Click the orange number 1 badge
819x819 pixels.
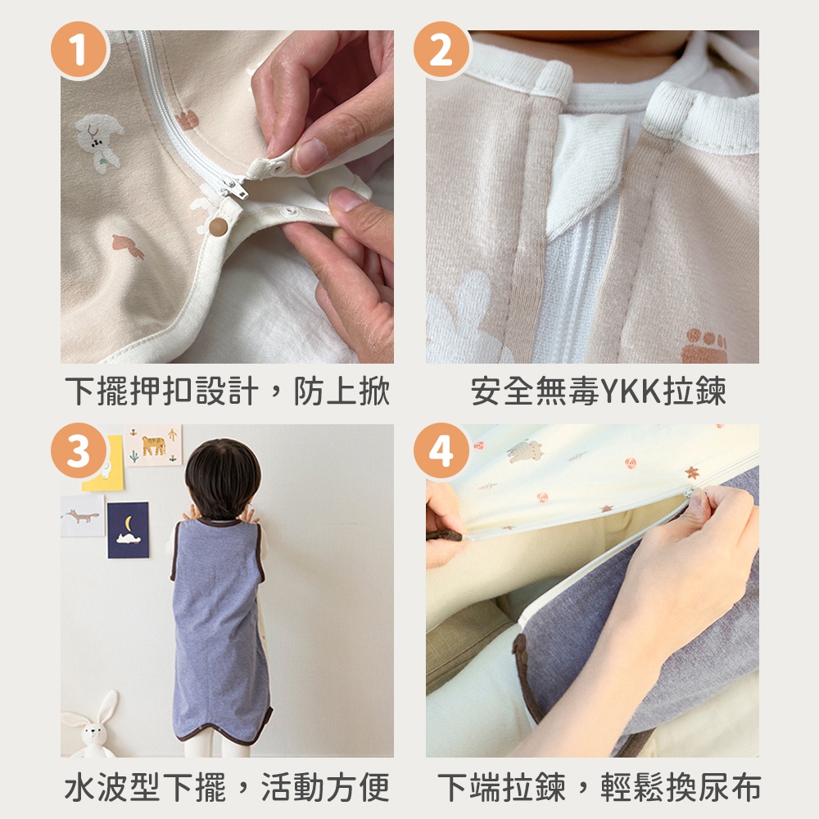79,50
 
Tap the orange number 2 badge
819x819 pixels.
442,50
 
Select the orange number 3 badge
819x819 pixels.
79,451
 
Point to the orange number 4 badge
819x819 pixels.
442,451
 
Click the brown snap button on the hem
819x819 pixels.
218,227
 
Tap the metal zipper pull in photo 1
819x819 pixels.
236,189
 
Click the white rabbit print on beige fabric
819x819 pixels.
98,141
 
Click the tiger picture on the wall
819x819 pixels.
154,446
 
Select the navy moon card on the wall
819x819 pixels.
128,530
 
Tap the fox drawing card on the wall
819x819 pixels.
83,515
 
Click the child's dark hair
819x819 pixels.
223,478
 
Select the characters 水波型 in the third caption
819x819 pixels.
111,787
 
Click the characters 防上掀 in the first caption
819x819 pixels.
342,391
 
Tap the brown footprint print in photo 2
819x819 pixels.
704,346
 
